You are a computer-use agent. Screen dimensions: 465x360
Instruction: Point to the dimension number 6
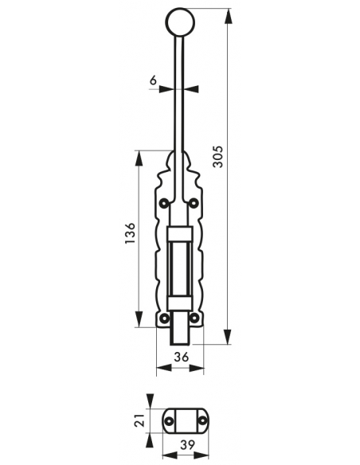click(153, 80)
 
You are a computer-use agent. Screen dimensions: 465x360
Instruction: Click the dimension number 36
click(181, 358)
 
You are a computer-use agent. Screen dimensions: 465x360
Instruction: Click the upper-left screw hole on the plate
click(164, 203)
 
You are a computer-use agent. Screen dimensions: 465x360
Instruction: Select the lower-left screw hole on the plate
click(164, 319)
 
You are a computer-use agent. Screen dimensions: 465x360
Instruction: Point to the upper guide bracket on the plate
click(180, 232)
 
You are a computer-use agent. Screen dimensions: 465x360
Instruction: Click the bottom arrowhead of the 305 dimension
click(229, 340)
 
